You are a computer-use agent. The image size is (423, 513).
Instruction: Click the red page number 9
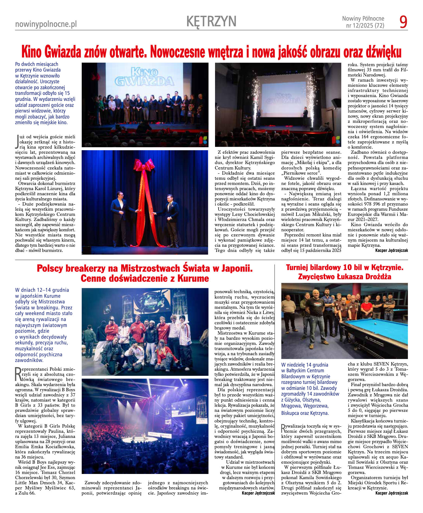click(x=403, y=22)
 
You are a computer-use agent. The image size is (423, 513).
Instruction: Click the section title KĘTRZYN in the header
click(x=211, y=21)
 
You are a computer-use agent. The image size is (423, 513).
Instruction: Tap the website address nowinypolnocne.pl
click(x=46, y=24)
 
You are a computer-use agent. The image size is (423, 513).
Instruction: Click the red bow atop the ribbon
click(x=144, y=165)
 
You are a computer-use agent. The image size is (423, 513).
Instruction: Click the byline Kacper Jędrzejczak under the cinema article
click(x=391, y=251)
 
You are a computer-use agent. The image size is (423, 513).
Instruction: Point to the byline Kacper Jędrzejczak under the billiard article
click(x=392, y=493)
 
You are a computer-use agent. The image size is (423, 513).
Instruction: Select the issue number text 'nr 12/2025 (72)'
click(x=365, y=26)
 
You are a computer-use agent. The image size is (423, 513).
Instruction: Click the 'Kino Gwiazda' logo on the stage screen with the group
click(x=144, y=77)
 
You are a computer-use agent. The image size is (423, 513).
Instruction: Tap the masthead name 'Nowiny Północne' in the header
click(x=363, y=18)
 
